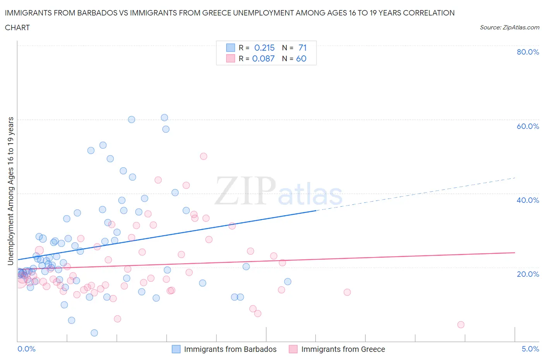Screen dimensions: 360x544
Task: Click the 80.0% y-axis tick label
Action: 528,52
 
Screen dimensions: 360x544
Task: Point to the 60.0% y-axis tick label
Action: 528,126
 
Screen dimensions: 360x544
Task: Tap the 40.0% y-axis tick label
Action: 528,200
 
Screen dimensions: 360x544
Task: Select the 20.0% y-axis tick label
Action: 528,274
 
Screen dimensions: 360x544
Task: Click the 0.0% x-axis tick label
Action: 26,349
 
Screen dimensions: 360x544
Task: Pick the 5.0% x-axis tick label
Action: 530,349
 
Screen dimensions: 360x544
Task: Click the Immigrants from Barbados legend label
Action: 230,349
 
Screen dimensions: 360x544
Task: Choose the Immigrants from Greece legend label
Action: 343,349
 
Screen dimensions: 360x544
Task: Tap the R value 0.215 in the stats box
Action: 264,48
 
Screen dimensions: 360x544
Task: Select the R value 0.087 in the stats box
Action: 263,58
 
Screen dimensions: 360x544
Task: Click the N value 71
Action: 303,48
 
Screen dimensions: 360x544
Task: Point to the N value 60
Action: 301,58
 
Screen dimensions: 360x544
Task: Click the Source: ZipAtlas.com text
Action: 509,27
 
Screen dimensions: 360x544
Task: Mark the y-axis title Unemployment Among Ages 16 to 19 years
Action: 10,191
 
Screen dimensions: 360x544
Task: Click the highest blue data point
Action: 164,118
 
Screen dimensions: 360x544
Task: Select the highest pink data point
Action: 204,156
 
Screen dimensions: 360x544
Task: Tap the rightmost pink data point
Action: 460,325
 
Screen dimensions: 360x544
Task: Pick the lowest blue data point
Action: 94,333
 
